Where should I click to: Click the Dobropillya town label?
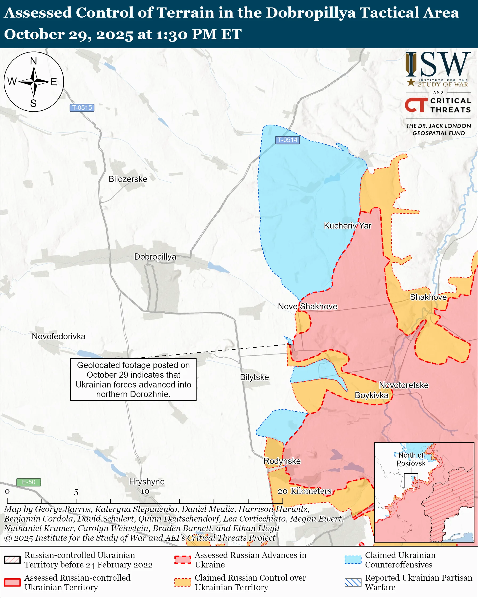[x=155, y=257]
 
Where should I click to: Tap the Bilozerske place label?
[x=128, y=179]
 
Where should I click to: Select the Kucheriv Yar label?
[x=348, y=225]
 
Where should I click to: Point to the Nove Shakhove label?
[x=308, y=306]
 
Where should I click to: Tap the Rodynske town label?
[x=282, y=461]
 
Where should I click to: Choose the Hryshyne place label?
[x=146, y=481]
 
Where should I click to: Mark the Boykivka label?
[x=371, y=395]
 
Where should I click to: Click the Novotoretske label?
[x=403, y=385]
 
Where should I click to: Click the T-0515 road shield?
[x=82, y=108]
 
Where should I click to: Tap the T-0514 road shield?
[x=287, y=140]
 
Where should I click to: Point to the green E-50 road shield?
[x=28, y=482]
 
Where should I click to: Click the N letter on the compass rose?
[x=34, y=61]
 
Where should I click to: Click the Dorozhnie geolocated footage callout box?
[x=133, y=379]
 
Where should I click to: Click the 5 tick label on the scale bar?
[x=76, y=492]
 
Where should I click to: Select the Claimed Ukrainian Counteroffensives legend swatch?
[x=353, y=560]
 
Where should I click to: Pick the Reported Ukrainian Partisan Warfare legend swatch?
[x=353, y=582]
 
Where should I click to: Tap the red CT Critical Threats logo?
[x=416, y=105]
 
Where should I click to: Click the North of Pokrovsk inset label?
[x=411, y=459]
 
